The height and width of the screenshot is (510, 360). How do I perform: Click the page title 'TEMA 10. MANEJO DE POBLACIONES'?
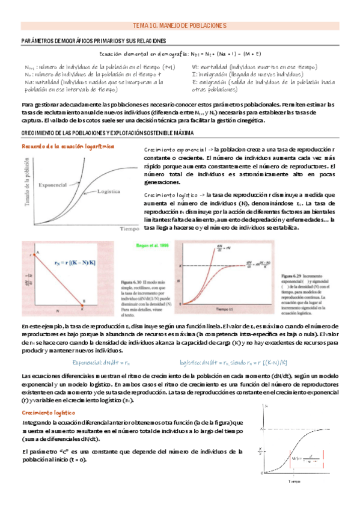[x=179, y=26]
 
